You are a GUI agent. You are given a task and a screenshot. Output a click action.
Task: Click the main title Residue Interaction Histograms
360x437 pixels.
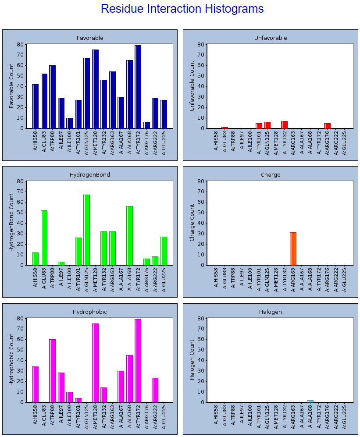182,9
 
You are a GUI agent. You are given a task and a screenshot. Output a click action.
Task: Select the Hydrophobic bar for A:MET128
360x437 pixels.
95,362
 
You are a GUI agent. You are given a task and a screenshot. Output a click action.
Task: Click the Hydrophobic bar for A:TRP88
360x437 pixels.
52,370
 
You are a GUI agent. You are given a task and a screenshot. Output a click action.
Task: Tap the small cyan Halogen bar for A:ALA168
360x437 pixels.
310,401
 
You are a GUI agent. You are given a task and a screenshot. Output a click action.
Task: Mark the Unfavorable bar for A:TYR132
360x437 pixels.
284,125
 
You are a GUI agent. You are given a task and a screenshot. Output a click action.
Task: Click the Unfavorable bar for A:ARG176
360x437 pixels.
327,126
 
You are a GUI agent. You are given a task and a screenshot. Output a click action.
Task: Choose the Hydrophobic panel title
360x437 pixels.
89,312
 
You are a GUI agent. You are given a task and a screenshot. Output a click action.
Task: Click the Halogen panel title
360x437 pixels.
271,312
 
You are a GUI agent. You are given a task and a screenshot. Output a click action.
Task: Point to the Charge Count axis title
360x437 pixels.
192,223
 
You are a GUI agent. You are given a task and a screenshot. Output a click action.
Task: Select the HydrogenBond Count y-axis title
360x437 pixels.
11,223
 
